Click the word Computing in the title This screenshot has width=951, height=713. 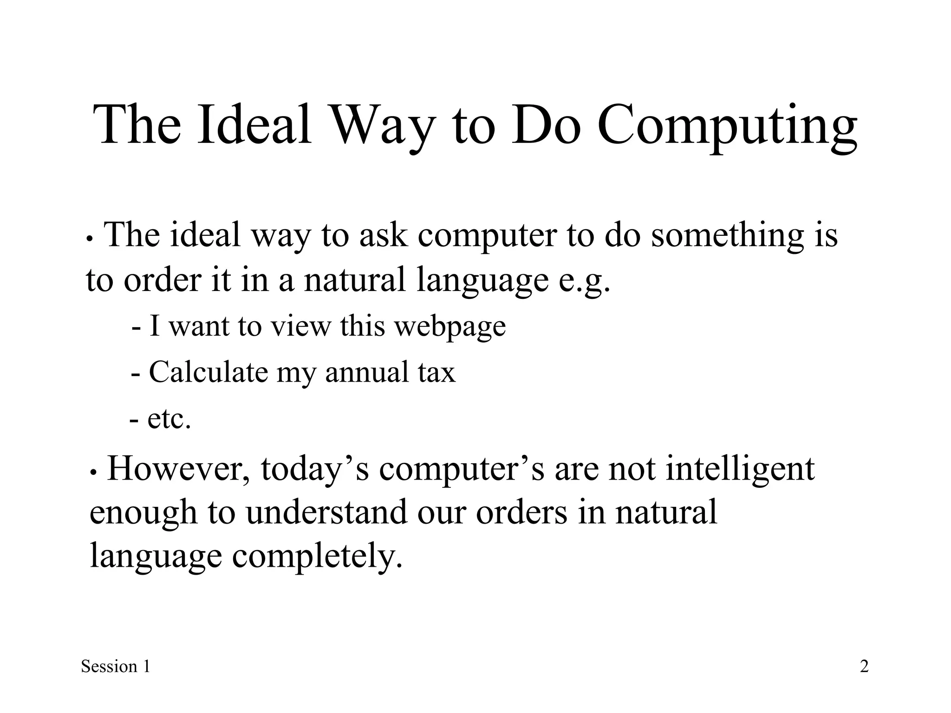tap(727, 126)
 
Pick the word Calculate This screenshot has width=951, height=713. tap(208, 372)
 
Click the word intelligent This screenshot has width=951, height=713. tap(740, 470)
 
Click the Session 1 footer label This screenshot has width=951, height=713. tap(116, 667)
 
